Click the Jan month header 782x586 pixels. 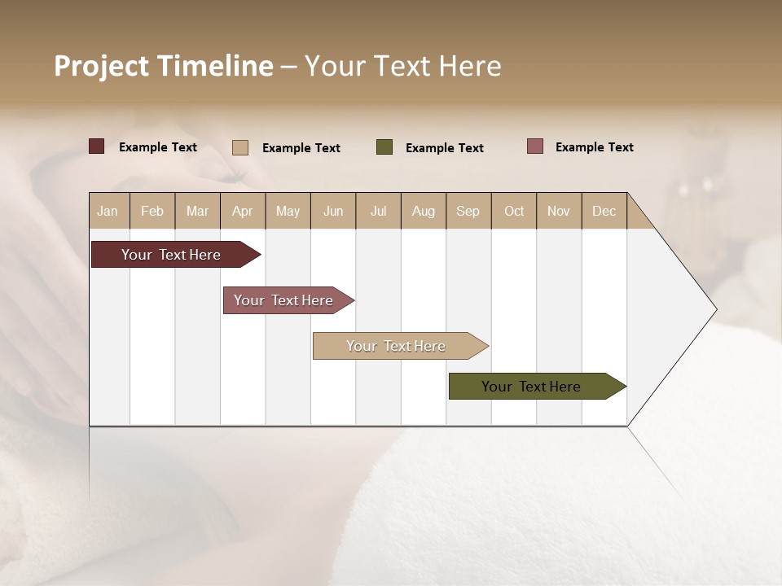108,211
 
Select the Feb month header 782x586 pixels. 152,211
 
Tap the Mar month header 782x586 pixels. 197,211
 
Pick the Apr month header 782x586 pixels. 243,211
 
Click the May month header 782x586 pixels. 288,211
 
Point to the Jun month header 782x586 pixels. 333,211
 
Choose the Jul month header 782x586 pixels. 378,211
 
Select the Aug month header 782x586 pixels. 424,211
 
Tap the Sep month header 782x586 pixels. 468,211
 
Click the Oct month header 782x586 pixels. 514,211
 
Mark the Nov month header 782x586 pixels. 559,211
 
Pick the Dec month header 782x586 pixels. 604,211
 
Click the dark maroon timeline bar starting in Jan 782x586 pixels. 171,255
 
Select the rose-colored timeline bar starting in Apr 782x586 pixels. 283,300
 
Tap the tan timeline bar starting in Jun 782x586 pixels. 396,346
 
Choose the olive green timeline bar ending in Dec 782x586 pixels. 531,387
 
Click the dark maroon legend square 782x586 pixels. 97,146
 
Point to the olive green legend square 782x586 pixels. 384,147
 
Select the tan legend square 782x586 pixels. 240,147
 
